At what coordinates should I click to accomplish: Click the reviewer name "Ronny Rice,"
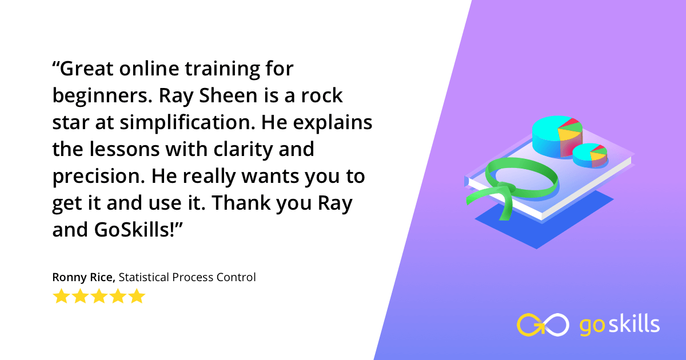[83, 278]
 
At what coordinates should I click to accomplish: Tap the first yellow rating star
[61, 297]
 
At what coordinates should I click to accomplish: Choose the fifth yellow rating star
[137, 297]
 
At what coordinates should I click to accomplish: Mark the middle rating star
[99, 297]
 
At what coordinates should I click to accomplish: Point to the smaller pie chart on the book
[590, 155]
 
